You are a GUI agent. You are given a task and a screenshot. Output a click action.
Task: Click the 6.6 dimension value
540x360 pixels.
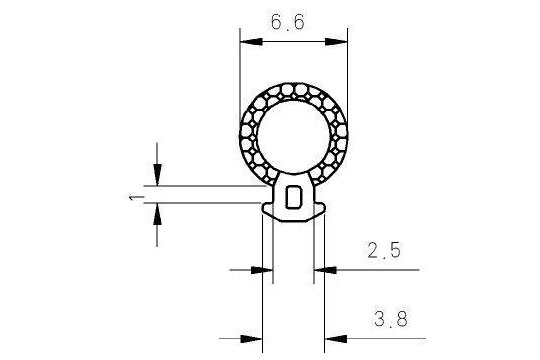tap(288, 22)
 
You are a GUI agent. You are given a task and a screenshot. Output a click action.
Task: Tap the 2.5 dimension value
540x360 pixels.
tap(384, 250)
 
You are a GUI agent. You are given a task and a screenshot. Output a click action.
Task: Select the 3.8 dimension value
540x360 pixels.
tap(391, 319)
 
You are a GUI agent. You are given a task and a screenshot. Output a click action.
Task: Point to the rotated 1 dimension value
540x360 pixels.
tap(136, 198)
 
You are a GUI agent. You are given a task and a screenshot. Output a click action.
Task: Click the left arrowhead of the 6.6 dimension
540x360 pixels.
tap(251, 42)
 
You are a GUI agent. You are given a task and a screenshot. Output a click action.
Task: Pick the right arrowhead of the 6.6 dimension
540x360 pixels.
tap(336, 42)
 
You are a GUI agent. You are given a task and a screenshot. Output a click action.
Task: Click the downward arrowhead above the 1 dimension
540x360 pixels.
tap(157, 175)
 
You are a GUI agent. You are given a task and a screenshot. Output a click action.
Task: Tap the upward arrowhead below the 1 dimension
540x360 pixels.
tap(157, 214)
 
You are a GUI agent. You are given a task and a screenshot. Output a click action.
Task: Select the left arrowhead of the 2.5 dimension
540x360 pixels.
tap(262, 270)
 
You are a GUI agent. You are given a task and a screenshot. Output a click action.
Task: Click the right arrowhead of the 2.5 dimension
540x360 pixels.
tap(325, 270)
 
